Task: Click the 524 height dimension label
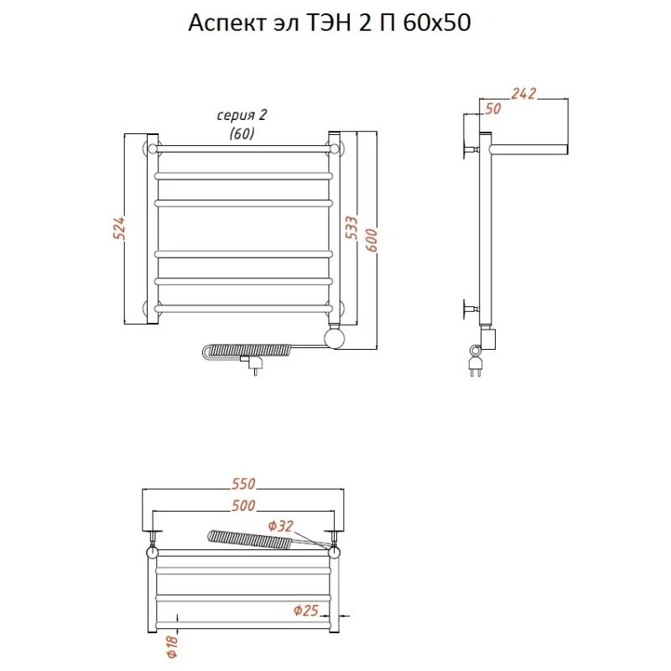click(x=120, y=227)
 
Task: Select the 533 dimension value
click(x=351, y=227)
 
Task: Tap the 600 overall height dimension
click(x=372, y=240)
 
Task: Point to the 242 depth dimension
click(x=523, y=93)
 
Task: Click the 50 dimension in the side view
click(x=493, y=109)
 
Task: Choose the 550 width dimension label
click(x=243, y=484)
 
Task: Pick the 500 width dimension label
click(x=243, y=506)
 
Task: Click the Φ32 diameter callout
click(x=281, y=526)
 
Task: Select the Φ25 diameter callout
click(x=306, y=610)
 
